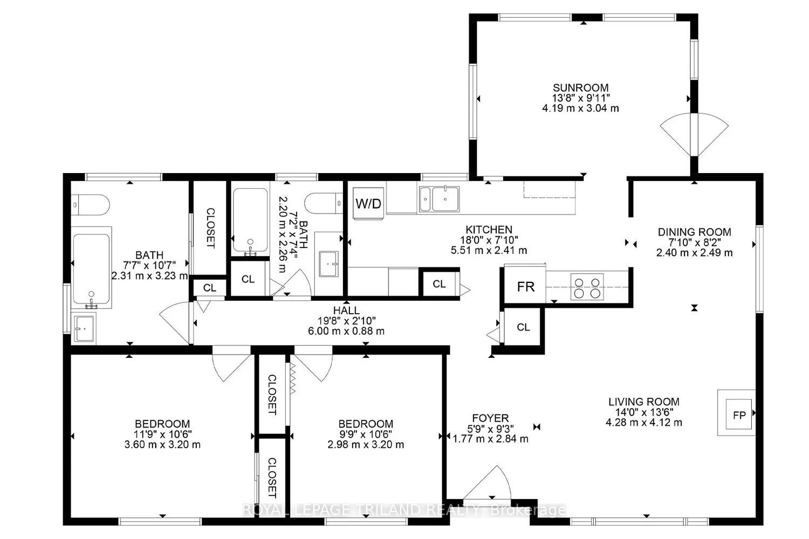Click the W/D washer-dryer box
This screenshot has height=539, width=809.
coord(368,203)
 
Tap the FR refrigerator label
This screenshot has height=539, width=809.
coord(525,287)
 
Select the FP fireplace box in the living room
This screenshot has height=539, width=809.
coord(739,414)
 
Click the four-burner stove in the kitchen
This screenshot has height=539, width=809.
coord(587,287)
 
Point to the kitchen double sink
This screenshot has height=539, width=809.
coord(439,199)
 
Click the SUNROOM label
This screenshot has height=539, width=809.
coord(580,88)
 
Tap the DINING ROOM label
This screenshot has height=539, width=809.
coord(694,232)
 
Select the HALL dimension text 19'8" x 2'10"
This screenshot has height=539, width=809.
coord(346,321)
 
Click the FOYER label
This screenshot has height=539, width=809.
coord(490,418)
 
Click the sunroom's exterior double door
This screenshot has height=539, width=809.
coord(694,135)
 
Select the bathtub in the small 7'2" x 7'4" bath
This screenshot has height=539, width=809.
coord(250,220)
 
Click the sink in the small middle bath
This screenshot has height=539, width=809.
coord(328,264)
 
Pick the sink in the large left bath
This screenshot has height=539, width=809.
coord(84,329)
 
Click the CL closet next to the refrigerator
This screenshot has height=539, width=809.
coord(523,327)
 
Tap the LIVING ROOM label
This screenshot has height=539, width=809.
coord(643,402)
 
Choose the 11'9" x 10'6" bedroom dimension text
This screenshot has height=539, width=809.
coord(162,434)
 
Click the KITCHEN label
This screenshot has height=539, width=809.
coord(489,230)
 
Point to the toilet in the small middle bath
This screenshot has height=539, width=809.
coord(324,203)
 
